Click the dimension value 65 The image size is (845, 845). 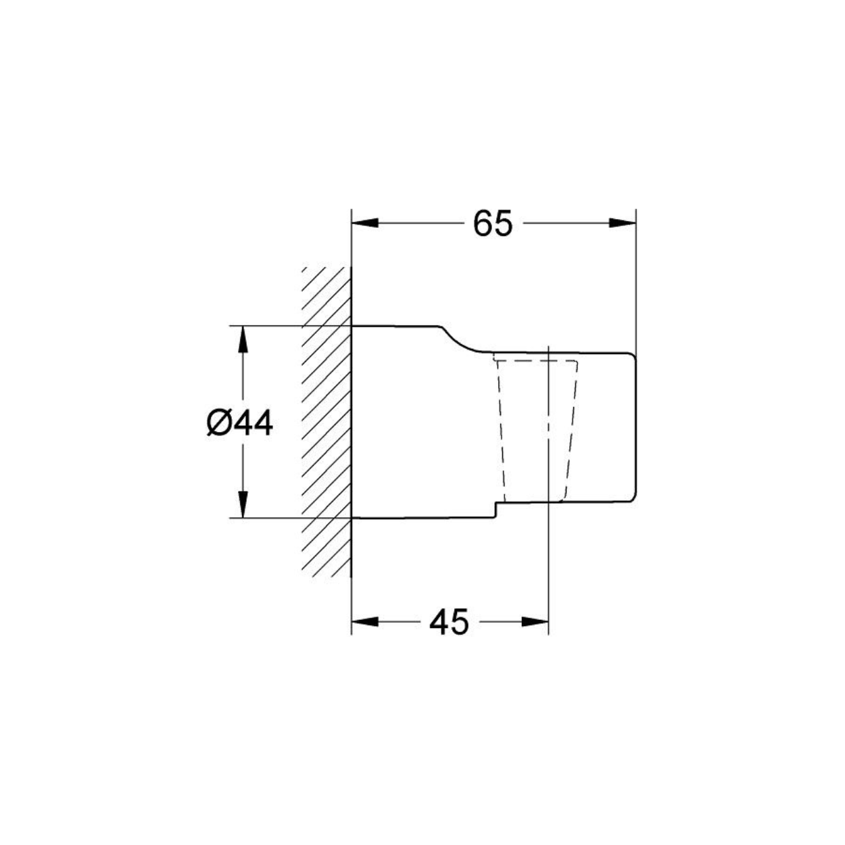coord(493,223)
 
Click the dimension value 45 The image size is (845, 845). coord(449,621)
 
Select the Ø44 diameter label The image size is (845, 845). coord(240,424)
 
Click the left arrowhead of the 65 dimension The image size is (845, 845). coord(365,223)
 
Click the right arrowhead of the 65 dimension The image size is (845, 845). coord(622,223)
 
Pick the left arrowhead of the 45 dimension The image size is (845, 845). coord(365,621)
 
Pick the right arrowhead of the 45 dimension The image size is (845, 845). coord(535,621)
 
